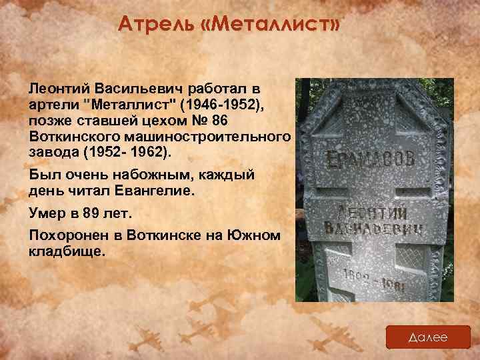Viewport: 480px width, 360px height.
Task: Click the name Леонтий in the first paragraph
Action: [x=59, y=89]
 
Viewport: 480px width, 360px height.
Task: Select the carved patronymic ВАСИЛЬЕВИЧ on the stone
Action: [x=377, y=231]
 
